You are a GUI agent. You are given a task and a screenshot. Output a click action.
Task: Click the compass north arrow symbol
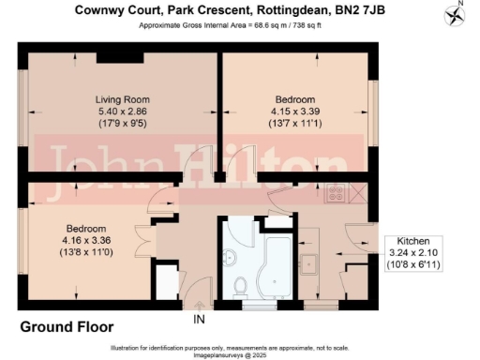tap(457, 15)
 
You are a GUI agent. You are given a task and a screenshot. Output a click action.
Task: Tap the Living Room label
tap(123, 99)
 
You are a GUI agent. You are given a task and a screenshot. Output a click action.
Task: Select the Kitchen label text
tap(413, 240)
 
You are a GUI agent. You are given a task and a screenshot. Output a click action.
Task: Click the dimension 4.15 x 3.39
tap(295, 112)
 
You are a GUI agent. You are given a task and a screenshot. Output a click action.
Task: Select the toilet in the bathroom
tap(239, 286)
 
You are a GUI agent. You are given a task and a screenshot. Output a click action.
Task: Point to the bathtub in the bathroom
tap(278, 262)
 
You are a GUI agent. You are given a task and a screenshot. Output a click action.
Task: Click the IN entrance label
tap(199, 321)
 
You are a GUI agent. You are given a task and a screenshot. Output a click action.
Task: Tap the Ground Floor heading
tap(67, 327)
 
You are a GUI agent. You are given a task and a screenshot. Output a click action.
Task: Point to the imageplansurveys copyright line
tap(239, 354)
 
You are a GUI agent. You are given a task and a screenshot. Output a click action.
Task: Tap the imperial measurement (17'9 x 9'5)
tap(124, 124)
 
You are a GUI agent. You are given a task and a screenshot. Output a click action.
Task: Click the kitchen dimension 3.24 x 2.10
tap(413, 253)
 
